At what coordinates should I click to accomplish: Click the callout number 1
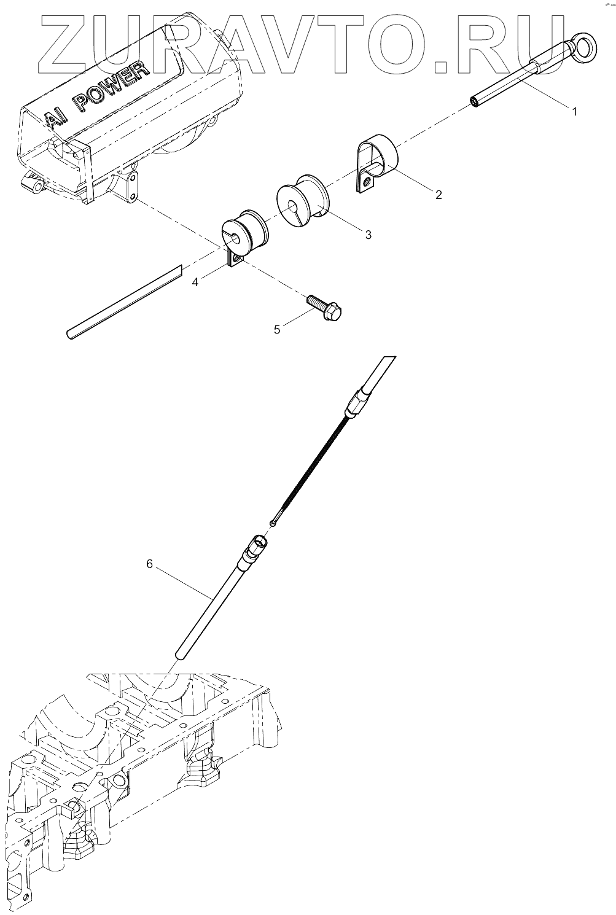pyautogui.click(x=574, y=112)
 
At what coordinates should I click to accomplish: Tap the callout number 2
pyautogui.click(x=438, y=195)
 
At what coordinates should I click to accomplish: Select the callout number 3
pyautogui.click(x=368, y=235)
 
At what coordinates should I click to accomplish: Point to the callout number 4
pyautogui.click(x=195, y=282)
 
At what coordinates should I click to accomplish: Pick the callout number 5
pyautogui.click(x=277, y=330)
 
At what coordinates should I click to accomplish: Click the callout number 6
pyautogui.click(x=149, y=564)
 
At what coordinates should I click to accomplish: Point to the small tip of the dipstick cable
pyautogui.click(x=273, y=523)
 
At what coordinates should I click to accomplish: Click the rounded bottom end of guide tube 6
pyautogui.click(x=179, y=655)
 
